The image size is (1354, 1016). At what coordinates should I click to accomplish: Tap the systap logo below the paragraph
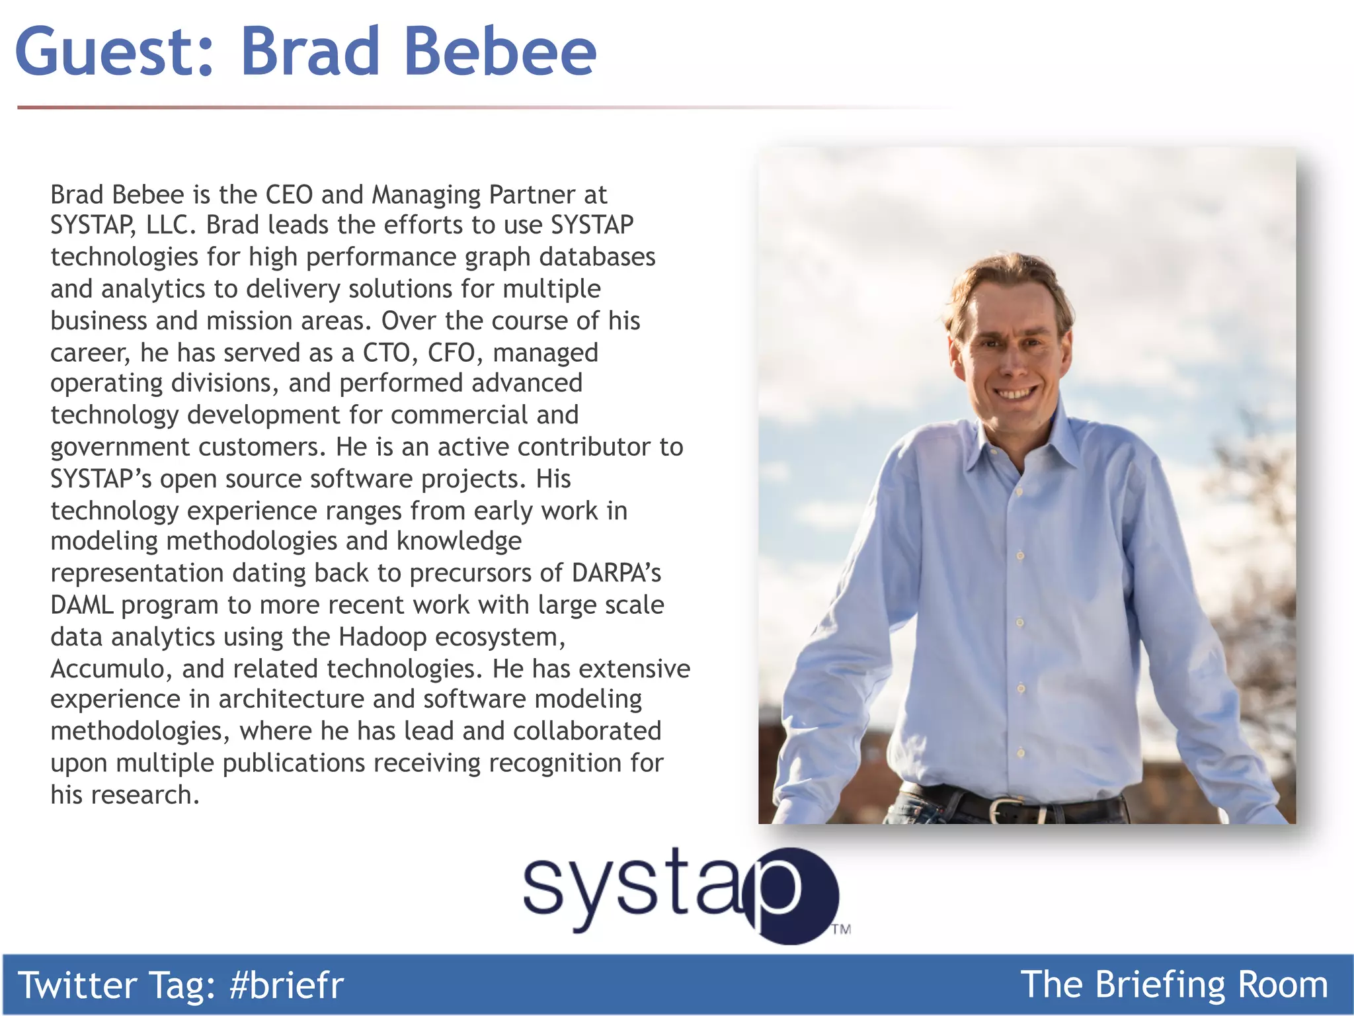pyautogui.click(x=681, y=893)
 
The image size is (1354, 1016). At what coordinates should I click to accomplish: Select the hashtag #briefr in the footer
pyautogui.click(x=286, y=985)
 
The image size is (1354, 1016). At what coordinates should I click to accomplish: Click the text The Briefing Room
pyautogui.click(x=1174, y=985)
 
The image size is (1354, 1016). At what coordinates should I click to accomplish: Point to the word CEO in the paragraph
pyautogui.click(x=289, y=194)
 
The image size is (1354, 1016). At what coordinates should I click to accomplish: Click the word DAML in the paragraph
pyautogui.click(x=81, y=605)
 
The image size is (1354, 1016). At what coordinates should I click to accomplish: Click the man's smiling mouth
pyautogui.click(x=1016, y=394)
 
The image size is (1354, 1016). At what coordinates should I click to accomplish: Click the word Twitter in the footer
pyautogui.click(x=77, y=985)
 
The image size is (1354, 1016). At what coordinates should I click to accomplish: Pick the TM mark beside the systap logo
pyautogui.click(x=841, y=929)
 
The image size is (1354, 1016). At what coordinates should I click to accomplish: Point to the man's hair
pyautogui.click(x=1005, y=278)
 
